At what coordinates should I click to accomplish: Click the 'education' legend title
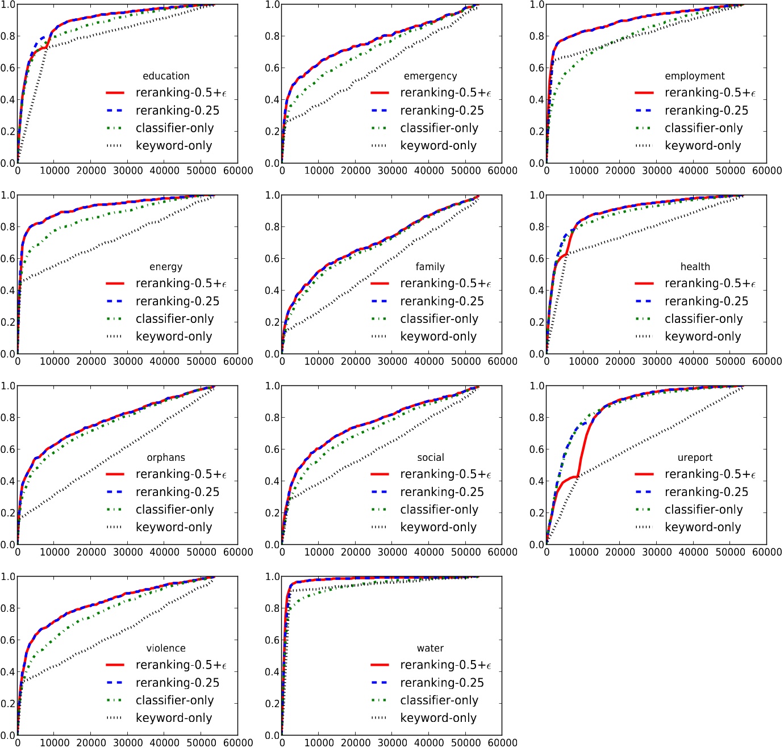[x=166, y=76]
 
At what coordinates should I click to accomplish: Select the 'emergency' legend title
[x=430, y=76]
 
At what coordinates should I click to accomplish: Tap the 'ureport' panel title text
[x=695, y=457]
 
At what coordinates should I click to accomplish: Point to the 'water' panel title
[x=430, y=648]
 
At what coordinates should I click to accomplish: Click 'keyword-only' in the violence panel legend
[x=174, y=718]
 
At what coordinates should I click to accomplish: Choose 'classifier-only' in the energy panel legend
[x=174, y=319]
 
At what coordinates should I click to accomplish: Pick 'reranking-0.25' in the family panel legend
[x=442, y=301]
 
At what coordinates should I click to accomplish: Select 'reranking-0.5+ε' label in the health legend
[x=710, y=283]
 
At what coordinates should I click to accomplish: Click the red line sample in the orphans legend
[x=115, y=474]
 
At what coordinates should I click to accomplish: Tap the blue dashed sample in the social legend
[x=380, y=492]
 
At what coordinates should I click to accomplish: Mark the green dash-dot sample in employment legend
[x=644, y=128]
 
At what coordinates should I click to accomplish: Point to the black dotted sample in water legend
[x=380, y=718]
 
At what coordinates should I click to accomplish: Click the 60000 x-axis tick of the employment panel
[x=767, y=170]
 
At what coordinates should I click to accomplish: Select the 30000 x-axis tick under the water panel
[x=392, y=742]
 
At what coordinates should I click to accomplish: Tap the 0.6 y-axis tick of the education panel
[x=8, y=68]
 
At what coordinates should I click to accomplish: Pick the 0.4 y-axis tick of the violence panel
[x=8, y=672]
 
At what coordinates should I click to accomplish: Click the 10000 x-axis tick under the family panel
[x=319, y=361]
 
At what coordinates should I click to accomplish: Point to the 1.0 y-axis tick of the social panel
[x=273, y=386]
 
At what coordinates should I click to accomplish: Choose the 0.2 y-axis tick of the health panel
[x=537, y=322]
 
